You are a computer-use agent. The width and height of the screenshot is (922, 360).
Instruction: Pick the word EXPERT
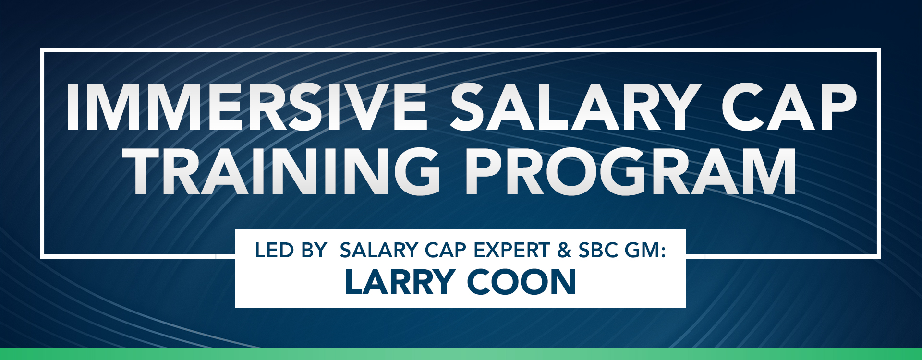pyautogui.click(x=511, y=251)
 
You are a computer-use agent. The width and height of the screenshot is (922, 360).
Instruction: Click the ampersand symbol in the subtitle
pyautogui.click(x=565, y=251)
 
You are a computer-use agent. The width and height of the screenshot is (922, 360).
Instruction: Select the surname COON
pyautogui.click(x=522, y=282)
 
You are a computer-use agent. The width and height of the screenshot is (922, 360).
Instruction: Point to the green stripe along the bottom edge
pyautogui.click(x=461, y=354)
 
